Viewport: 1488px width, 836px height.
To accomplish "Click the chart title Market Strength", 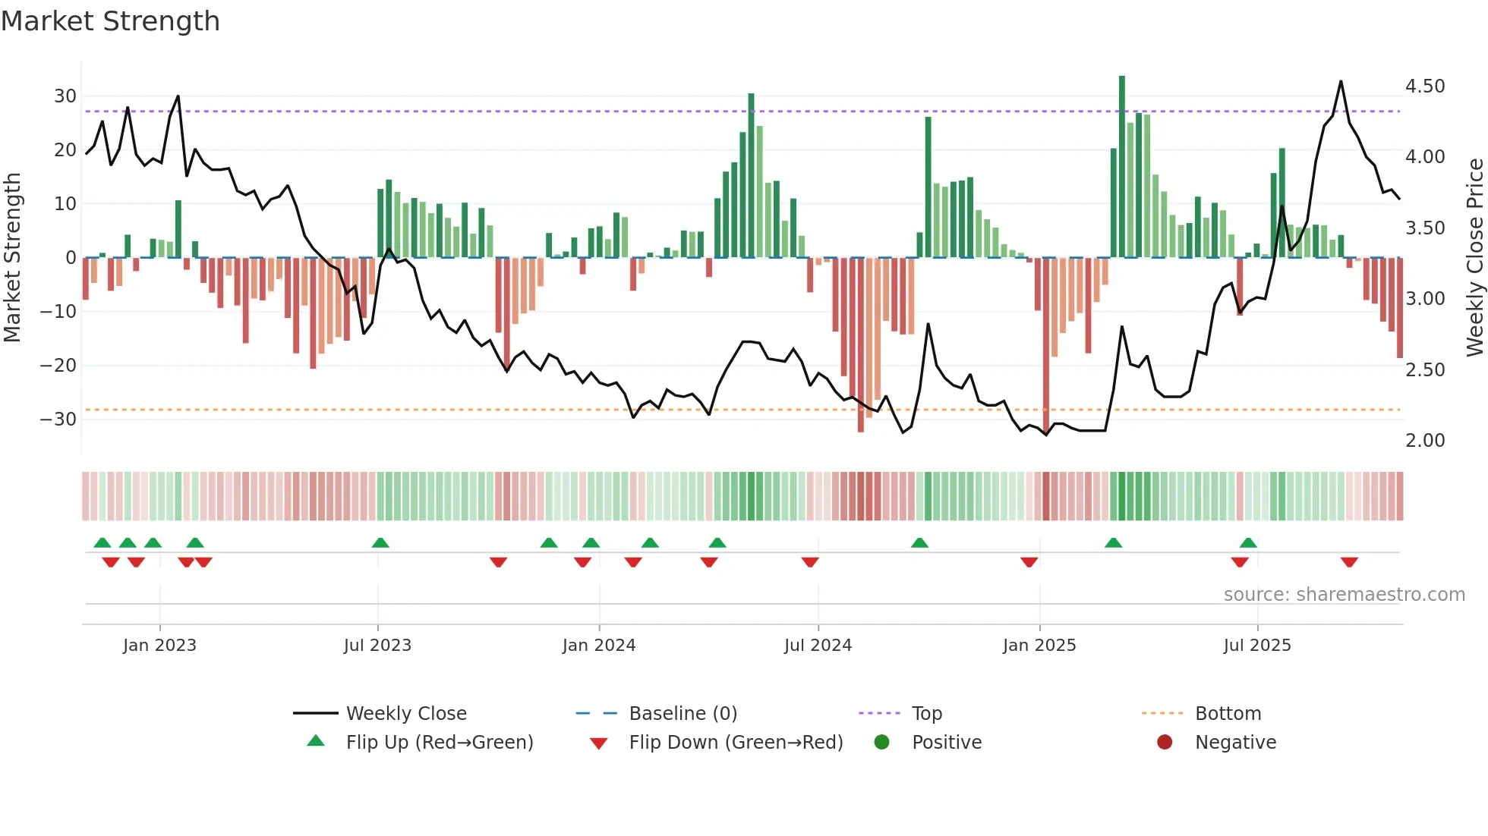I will (110, 21).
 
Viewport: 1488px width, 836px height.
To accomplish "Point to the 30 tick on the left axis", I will (65, 96).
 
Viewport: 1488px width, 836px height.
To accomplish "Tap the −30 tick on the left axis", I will (59, 419).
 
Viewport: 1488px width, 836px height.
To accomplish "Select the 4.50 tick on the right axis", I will (1425, 86).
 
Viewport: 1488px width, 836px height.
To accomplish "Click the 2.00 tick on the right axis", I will (1425, 440).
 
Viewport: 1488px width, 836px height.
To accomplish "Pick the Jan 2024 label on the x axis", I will (599, 646).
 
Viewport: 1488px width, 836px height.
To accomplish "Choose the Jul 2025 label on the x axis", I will (1257, 646).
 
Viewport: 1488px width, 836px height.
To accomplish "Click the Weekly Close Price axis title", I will (1474, 257).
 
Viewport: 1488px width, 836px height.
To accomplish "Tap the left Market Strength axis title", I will (12, 257).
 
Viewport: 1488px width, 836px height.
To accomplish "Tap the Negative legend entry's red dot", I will (1165, 743).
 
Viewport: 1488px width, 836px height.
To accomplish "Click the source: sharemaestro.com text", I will (1344, 595).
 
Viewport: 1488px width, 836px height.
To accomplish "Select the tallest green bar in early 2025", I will (1122, 167).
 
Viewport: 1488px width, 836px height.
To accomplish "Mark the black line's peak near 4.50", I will (1341, 81).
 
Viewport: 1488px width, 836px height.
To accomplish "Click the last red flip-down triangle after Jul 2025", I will (1349, 562).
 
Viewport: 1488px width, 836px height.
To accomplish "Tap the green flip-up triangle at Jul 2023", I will (380, 542).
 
